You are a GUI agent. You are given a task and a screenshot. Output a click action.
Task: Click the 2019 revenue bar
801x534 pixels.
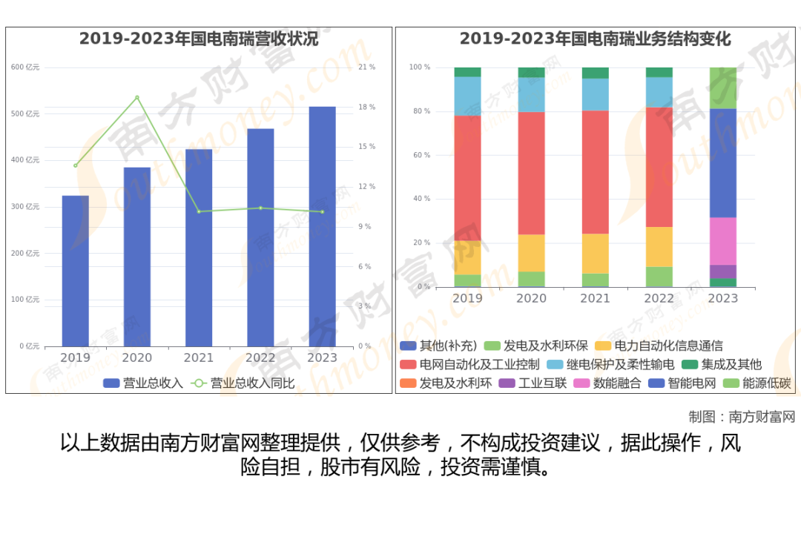pyautogui.click(x=75, y=271)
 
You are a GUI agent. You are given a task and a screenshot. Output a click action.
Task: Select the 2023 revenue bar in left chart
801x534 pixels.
pyautogui.click(x=322, y=226)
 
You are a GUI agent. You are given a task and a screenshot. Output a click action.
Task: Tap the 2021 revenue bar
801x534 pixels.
pyautogui.click(x=199, y=248)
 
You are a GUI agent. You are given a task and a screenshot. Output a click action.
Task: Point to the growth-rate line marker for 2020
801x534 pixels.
pyautogui.click(x=137, y=97)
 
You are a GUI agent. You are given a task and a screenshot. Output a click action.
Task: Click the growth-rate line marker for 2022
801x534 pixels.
pyautogui.click(x=260, y=208)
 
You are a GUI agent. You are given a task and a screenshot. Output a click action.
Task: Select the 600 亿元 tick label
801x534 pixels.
pyautogui.click(x=25, y=67)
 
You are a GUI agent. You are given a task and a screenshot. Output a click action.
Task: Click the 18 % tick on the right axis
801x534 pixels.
pyautogui.click(x=366, y=108)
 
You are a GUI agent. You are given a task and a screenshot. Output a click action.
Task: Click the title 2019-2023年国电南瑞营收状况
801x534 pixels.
pyautogui.click(x=199, y=39)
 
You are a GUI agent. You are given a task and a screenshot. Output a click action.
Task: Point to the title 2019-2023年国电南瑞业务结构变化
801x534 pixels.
pyautogui.click(x=595, y=39)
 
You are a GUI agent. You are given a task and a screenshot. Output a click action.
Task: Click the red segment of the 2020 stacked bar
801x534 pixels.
pyautogui.click(x=531, y=173)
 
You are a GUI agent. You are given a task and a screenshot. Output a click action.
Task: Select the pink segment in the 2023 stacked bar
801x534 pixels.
pyautogui.click(x=723, y=241)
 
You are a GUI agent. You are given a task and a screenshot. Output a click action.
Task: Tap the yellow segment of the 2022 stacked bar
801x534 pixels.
pyautogui.click(x=659, y=247)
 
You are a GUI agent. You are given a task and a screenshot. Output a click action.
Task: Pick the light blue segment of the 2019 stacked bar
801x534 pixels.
pyautogui.click(x=467, y=96)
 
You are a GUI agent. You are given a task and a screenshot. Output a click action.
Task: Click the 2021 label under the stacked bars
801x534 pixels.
pyautogui.click(x=595, y=298)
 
